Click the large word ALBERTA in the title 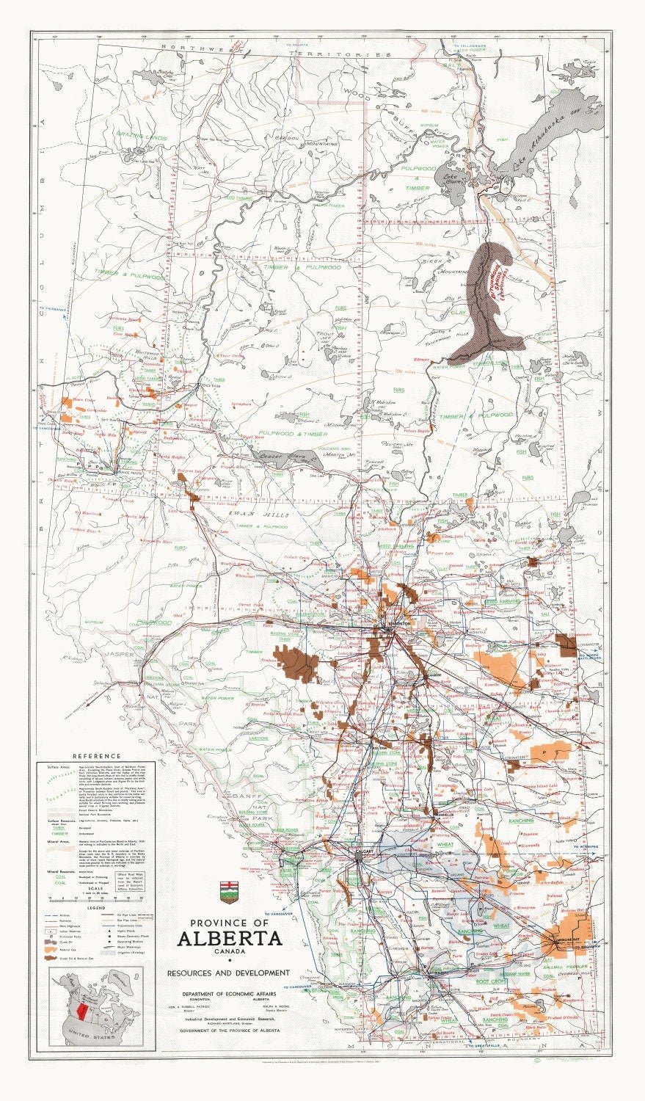pyautogui.click(x=229, y=938)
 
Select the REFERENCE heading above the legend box pyautogui.click(x=96, y=756)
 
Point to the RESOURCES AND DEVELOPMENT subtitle pyautogui.click(x=228, y=973)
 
